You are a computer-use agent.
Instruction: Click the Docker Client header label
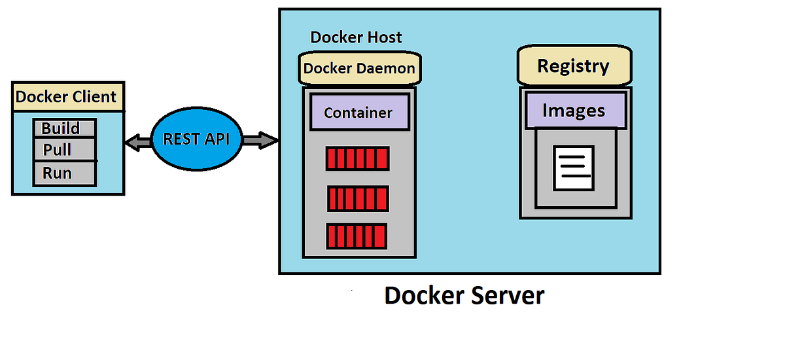tap(67, 97)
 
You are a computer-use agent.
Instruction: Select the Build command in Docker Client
tap(64, 128)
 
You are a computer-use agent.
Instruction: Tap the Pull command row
tap(64, 150)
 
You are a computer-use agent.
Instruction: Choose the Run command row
tap(64, 173)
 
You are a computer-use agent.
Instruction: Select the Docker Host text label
tap(356, 37)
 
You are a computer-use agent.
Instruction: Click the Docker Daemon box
tap(358, 68)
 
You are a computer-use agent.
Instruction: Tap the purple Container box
tap(358, 112)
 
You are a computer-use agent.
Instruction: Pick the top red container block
tap(358, 158)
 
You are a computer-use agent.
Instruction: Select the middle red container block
tap(358, 198)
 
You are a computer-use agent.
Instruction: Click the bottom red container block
tap(357, 236)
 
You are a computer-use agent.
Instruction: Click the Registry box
tap(573, 66)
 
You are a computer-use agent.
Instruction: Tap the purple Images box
tap(573, 111)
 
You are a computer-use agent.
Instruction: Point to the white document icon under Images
tap(574, 168)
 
